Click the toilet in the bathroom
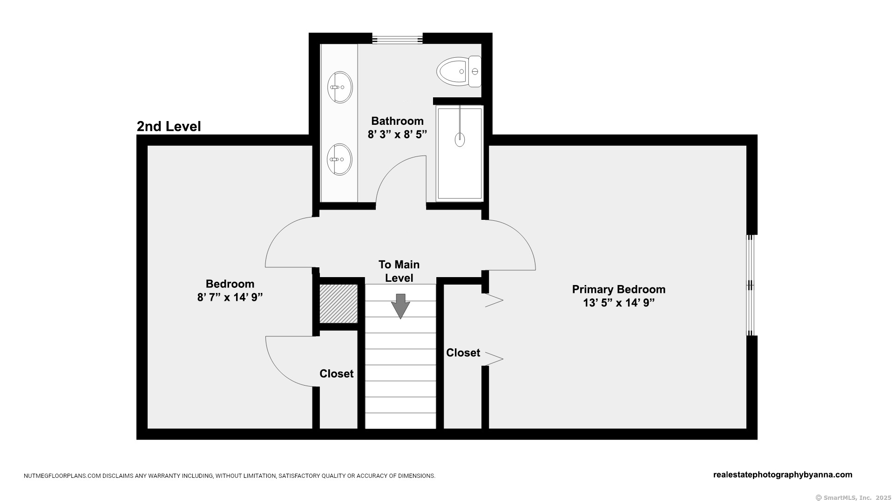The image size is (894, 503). coord(459,71)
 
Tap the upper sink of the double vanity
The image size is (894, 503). coord(339,87)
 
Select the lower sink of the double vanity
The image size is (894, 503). coord(339,159)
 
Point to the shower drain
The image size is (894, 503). coord(460,139)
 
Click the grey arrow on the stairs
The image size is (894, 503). coord(400,306)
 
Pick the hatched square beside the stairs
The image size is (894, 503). coord(339,304)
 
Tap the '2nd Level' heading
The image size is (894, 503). coord(169,126)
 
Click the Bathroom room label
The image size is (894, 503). coord(397,121)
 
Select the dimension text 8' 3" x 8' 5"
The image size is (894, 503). coord(397,135)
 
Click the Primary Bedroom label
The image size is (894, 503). coord(619,290)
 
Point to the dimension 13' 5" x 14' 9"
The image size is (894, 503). coord(619,303)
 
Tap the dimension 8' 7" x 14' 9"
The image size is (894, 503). coord(230,297)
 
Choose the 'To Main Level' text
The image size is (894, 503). coord(399,271)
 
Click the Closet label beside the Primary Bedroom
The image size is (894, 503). coord(463,353)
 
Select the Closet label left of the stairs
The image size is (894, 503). coord(336,374)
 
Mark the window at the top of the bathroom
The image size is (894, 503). coord(397,38)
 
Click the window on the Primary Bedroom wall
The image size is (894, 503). coord(750,285)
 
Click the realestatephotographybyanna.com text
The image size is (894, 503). coord(783,475)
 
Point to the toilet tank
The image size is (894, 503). coord(474,71)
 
